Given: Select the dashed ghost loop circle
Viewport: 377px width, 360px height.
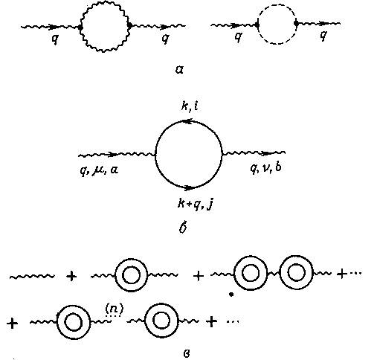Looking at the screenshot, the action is [277, 6].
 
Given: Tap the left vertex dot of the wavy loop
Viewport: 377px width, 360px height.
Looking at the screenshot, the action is [80, 27].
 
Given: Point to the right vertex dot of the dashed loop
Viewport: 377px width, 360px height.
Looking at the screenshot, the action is [296, 23].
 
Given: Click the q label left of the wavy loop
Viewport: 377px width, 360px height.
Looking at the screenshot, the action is [55, 39].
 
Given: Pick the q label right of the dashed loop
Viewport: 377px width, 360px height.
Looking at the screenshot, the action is [323, 36].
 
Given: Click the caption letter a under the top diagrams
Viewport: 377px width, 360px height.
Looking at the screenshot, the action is [179, 70].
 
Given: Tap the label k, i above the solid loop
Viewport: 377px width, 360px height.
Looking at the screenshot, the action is [190, 106].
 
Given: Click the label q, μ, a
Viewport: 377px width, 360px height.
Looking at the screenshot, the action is [99, 170].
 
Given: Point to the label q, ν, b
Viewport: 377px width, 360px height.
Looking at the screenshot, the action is [265, 168].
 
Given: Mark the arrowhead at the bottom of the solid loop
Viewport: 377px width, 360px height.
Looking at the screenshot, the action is [190, 188].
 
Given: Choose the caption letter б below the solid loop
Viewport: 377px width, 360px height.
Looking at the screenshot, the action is [183, 228].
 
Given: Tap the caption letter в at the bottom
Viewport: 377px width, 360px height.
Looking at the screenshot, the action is [187, 353].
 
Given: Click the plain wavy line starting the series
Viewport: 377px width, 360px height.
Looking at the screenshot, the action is [32, 276].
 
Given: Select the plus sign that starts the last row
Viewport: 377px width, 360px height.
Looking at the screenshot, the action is [13, 323].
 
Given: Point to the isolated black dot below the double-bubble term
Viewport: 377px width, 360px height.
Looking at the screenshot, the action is [231, 295].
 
